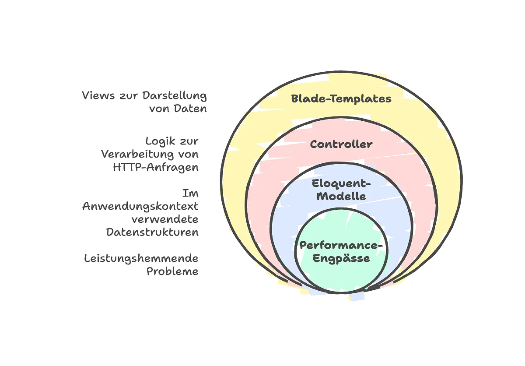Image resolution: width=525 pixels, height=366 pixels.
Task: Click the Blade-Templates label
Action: [x=341, y=99]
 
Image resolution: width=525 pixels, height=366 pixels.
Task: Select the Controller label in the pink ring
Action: [x=341, y=144]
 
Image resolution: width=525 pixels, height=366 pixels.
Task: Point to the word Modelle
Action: [x=341, y=196]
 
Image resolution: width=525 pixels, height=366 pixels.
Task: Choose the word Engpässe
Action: [x=341, y=258]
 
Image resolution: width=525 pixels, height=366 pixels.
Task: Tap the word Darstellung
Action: [x=175, y=95]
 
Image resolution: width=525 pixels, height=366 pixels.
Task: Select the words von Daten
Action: [x=178, y=108]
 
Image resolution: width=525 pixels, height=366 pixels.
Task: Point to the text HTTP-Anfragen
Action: [x=155, y=167]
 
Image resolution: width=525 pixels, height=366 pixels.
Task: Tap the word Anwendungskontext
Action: [x=140, y=206]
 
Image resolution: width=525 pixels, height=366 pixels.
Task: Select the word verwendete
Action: [x=165, y=219]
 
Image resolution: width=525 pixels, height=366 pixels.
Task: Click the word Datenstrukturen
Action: [x=152, y=232]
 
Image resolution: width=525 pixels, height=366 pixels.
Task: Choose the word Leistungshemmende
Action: [x=141, y=258]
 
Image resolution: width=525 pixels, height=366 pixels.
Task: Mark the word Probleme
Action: [x=172, y=271]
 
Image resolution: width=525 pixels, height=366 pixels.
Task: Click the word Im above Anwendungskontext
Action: [x=190, y=193]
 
